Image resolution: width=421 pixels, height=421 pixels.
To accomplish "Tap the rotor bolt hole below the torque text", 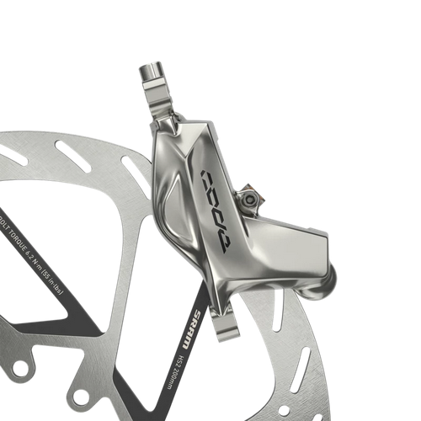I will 79,395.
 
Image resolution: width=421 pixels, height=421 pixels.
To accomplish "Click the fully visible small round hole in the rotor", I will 283,413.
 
